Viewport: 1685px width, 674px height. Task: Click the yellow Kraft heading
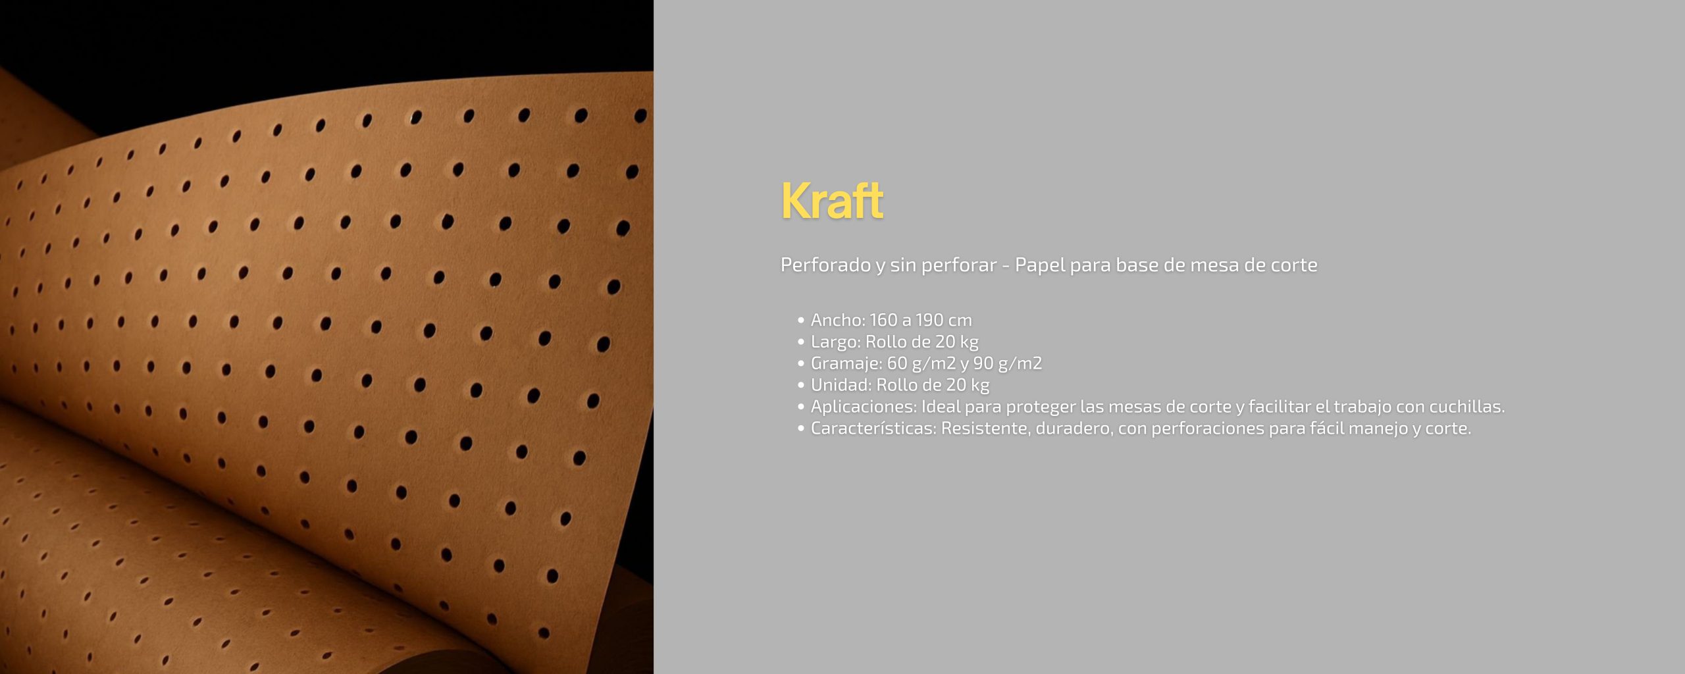[832, 200]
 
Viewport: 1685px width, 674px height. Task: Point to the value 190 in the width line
[929, 320]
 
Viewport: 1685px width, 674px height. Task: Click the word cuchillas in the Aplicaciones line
[1467, 407]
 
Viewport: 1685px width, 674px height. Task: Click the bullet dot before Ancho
[800, 321]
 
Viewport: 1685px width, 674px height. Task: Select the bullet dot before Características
[800, 429]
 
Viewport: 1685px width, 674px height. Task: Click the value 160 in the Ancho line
[883, 320]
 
